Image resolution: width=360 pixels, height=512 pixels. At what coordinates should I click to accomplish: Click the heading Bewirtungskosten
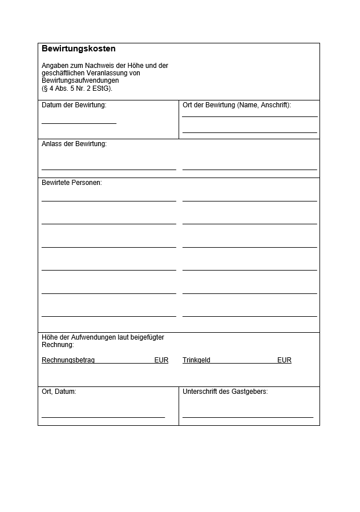79,49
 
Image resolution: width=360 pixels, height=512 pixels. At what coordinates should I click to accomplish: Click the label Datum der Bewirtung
74,105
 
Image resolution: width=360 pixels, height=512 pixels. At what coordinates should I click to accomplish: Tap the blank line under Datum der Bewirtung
79,122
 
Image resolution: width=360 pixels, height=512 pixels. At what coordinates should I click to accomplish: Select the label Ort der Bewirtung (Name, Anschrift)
236,105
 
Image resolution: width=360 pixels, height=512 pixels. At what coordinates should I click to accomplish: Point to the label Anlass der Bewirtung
74,144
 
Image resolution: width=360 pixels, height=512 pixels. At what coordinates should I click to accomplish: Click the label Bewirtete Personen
71,183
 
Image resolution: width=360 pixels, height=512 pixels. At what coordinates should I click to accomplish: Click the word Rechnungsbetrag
68,360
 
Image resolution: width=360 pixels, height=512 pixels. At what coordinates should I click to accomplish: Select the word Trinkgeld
196,360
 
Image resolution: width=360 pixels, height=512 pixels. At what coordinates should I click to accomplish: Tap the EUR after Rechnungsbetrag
161,360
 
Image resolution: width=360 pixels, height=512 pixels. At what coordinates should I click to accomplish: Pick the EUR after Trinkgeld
284,360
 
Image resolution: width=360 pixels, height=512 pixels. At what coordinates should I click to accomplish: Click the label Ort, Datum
59,392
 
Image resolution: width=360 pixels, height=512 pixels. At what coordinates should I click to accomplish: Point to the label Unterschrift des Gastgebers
225,392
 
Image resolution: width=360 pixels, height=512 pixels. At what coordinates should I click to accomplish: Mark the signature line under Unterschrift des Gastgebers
248,417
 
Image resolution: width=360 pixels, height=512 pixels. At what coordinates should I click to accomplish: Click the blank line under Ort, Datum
103,417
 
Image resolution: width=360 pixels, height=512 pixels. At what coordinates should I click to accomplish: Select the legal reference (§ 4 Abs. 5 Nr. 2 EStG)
77,88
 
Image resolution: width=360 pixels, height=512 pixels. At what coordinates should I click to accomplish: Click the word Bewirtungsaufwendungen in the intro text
80,80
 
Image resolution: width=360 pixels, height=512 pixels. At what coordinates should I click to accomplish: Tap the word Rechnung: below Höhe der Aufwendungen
58,345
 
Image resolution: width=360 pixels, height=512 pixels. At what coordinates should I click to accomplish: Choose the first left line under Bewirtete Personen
108,201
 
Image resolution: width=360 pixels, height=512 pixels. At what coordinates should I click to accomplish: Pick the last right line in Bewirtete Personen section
249,316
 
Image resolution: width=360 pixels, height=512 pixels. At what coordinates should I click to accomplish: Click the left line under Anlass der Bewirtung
108,170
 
